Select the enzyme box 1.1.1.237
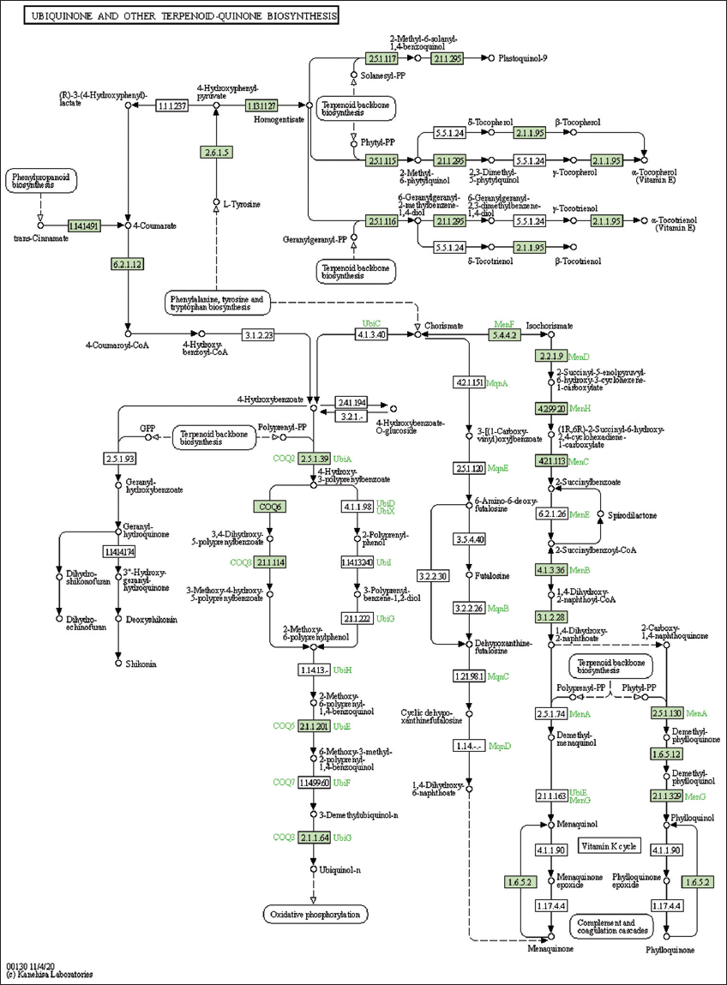pyautogui.click(x=171, y=106)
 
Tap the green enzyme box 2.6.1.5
pyautogui.click(x=216, y=153)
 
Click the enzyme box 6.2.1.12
pyautogui.click(x=127, y=264)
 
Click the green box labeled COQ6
pyautogui.click(x=269, y=506)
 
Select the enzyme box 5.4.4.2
pyautogui.click(x=504, y=335)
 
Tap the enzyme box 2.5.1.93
pyautogui.click(x=118, y=459)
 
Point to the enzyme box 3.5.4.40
pyautogui.click(x=469, y=539)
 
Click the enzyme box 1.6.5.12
pyautogui.click(x=666, y=754)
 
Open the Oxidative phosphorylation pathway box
pyautogui.click(x=315, y=914)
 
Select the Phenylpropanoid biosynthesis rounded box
pyautogui.click(x=40, y=181)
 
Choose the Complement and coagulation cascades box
pyautogui.click(x=610, y=926)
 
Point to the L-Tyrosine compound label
pyautogui.click(x=242, y=204)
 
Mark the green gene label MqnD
pyautogui.click(x=500, y=746)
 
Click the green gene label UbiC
pyautogui.click(x=371, y=323)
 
